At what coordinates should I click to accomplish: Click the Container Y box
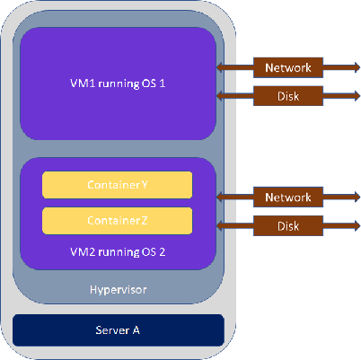(117, 185)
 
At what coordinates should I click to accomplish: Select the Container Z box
(117, 221)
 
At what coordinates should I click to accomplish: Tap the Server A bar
(119, 330)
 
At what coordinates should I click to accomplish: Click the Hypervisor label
(119, 290)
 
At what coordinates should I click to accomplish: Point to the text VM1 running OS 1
(118, 83)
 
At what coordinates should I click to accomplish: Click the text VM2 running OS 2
(118, 252)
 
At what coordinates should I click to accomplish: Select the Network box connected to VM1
(288, 67)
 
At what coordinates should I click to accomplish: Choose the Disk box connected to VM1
(288, 96)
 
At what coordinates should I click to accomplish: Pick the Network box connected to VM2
(288, 198)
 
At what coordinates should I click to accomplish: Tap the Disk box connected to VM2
(288, 225)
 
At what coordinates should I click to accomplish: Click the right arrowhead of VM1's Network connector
(357, 67)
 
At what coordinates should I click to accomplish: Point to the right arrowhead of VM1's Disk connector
(357, 96)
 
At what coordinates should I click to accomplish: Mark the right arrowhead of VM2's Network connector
(357, 197)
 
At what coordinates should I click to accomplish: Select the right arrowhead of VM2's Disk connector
(357, 225)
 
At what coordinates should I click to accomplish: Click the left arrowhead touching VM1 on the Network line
(220, 67)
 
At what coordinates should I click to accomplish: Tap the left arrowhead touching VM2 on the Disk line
(220, 225)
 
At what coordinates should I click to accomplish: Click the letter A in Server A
(136, 330)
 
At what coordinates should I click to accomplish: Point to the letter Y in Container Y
(145, 185)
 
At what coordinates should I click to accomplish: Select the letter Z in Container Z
(144, 221)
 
